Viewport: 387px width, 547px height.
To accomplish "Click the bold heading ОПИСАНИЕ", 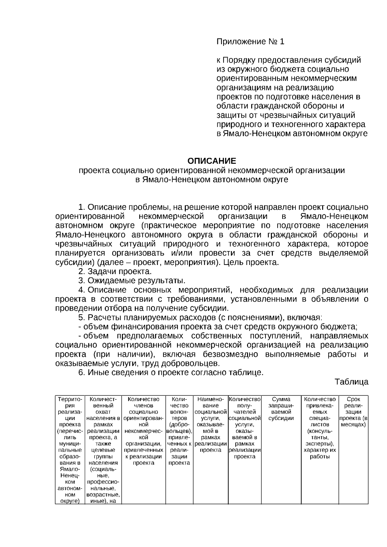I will point(212,161).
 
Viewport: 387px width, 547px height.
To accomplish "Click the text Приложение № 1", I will point(250,42).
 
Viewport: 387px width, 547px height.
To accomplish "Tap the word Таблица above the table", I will point(351,382).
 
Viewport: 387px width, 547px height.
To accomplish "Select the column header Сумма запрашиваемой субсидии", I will point(281,409).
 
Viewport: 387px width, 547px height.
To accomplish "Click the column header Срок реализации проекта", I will point(353,412).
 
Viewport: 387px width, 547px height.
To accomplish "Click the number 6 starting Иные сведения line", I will point(81,373).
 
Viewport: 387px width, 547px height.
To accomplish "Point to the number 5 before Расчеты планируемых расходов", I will point(81,317).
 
